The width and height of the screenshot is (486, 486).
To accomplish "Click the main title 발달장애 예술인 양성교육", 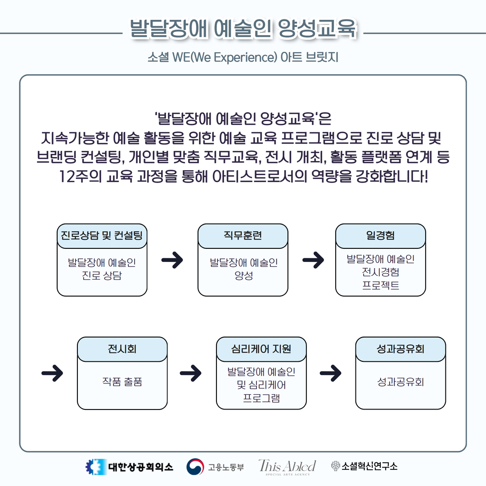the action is click(243, 28).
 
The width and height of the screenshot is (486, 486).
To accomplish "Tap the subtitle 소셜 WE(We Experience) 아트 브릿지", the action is click(243, 57).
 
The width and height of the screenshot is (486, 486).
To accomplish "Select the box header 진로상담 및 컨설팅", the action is click(102, 236).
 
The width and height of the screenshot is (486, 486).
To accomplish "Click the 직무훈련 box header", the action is click(243, 236).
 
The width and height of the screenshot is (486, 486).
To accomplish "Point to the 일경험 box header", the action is click(381, 236).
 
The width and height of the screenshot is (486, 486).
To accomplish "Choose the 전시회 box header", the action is click(122, 349).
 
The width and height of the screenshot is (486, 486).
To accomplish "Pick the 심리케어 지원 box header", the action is click(261, 349).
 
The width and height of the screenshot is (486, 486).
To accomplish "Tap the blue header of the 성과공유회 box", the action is click(400, 349).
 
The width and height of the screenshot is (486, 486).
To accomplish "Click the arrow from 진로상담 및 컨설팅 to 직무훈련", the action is click(172, 260).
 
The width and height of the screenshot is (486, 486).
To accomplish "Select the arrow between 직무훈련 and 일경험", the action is click(313, 260).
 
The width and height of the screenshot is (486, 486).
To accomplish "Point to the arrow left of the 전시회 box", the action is click(52, 373).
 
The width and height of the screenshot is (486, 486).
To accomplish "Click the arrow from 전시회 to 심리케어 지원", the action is click(191, 373).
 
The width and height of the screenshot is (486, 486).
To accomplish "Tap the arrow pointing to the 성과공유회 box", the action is click(331, 373).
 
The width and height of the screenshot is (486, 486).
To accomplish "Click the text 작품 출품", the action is click(122, 382).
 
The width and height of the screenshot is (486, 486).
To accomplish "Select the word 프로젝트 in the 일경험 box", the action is click(381, 285).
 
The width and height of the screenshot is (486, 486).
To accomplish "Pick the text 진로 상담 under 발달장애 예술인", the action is click(102, 275).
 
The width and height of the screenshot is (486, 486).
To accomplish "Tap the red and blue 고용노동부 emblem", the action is click(195, 467).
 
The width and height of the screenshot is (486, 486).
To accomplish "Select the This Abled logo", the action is click(287, 467).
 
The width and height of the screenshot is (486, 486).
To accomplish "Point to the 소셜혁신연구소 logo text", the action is click(369, 466).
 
